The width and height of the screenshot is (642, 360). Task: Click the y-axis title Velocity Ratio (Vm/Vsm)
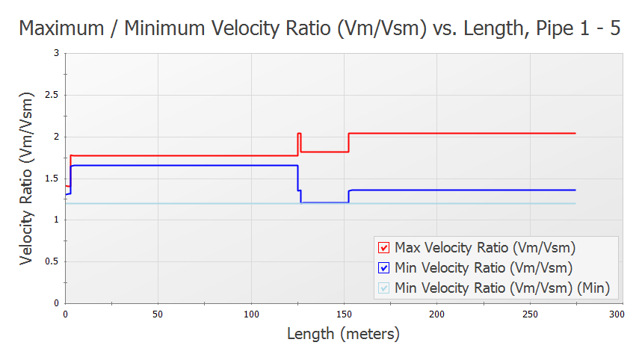coord(27,178)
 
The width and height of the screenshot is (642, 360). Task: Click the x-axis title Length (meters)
coord(343,334)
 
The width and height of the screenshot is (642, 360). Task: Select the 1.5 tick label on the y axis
coord(53,178)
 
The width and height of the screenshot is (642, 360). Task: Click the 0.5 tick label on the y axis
coord(53,261)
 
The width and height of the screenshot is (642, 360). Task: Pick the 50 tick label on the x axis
coord(158,314)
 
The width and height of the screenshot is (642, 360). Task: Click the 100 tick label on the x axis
coord(250,314)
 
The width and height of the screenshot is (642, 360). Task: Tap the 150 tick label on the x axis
coord(343,314)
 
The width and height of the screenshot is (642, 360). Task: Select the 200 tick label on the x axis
coord(436,314)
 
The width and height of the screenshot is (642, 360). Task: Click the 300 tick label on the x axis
coord(617,314)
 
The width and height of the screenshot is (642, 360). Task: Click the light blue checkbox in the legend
coord(384,288)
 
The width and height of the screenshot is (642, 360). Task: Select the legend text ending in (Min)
coord(501,288)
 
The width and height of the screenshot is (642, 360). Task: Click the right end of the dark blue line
coord(575,190)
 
